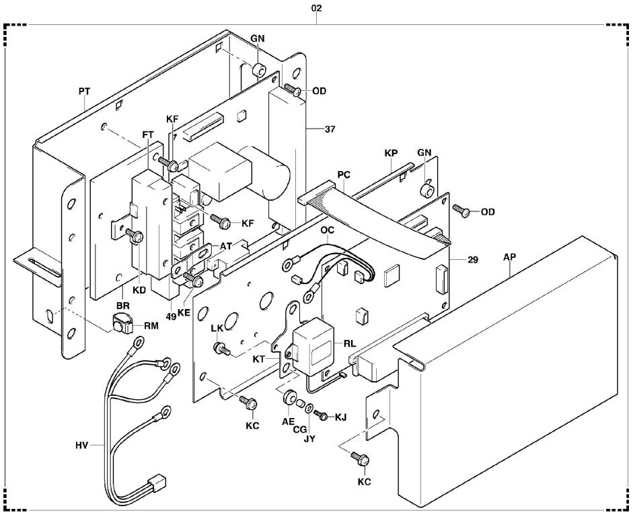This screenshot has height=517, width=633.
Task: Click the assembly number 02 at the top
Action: pos(317,8)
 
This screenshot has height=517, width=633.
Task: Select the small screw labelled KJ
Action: pos(322,416)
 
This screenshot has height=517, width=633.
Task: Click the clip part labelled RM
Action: pos(122,322)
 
